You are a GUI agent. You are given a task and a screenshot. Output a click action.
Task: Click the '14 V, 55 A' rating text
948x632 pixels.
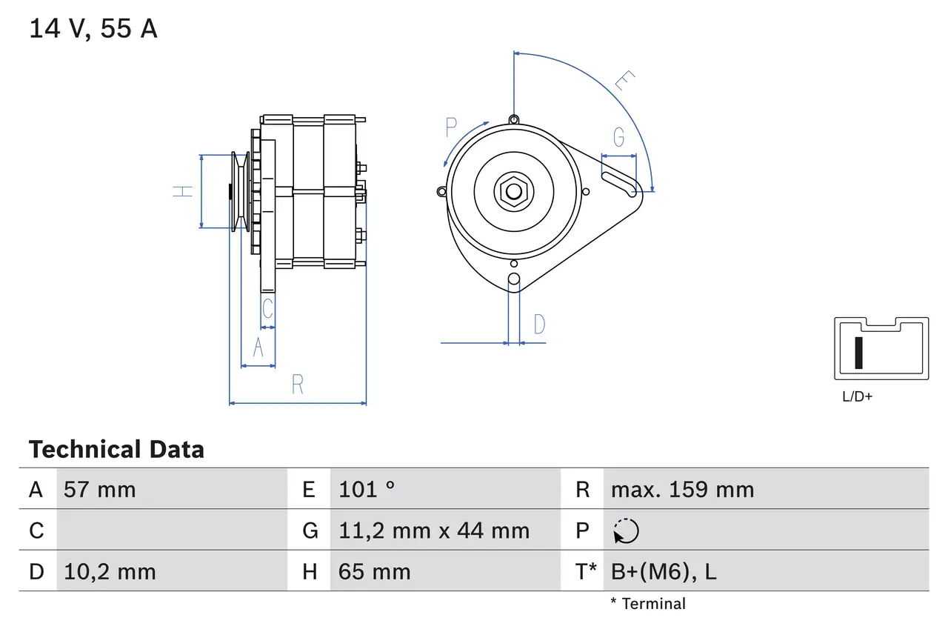93,29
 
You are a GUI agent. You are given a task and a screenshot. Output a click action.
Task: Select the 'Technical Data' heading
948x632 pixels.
116,450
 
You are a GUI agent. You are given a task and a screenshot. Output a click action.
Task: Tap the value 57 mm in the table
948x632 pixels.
100,489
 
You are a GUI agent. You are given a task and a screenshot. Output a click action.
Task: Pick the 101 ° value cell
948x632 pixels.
367,489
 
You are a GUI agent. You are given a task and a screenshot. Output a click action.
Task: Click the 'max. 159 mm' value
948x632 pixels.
682,489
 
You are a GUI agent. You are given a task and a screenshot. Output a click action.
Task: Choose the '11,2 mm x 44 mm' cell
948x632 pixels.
434,530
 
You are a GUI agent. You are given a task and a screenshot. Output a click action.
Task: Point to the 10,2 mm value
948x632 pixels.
110,571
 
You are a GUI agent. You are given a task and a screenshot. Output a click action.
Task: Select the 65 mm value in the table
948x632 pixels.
374,571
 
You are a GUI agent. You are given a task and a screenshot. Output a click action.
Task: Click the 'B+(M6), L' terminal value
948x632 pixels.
664,571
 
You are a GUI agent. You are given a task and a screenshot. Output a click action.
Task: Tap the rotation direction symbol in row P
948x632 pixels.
626,530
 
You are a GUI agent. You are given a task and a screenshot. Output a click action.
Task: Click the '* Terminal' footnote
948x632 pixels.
648,604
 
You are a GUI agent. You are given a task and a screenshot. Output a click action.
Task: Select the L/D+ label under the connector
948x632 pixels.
858,396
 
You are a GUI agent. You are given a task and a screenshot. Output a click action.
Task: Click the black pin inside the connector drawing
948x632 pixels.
858,353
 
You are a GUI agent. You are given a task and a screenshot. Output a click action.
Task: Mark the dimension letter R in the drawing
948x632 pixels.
298,385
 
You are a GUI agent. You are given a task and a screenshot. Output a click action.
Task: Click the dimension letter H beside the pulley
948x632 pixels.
183,191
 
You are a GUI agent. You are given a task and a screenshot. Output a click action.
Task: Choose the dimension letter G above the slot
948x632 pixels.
618,137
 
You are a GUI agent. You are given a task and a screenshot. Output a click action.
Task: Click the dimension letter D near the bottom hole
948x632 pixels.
539,324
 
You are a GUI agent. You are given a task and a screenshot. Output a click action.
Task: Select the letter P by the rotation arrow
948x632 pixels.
452,127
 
